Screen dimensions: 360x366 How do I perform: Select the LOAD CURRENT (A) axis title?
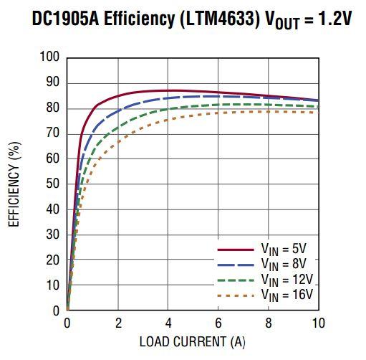click(x=192, y=342)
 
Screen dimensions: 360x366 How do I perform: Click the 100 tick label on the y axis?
click(x=49, y=57)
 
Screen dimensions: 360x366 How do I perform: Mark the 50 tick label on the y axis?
click(x=52, y=184)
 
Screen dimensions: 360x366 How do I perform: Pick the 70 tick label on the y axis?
click(x=52, y=133)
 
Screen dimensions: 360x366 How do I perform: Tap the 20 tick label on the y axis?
click(x=52, y=260)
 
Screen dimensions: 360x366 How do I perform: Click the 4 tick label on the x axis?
click(x=168, y=323)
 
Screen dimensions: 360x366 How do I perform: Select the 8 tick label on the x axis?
click(x=268, y=323)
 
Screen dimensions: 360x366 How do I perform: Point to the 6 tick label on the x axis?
click(x=218, y=323)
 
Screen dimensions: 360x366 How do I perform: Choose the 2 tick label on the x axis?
click(x=117, y=323)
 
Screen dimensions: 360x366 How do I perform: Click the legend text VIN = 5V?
click(x=286, y=250)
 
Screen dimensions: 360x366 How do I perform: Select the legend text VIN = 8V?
click(x=286, y=264)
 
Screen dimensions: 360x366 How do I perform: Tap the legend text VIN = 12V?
click(x=288, y=279)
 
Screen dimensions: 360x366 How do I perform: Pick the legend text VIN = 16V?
click(x=288, y=294)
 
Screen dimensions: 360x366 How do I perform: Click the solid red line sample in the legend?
click(x=236, y=250)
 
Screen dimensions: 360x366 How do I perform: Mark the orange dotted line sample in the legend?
click(x=236, y=294)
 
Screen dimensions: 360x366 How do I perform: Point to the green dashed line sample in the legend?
click(x=236, y=279)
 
